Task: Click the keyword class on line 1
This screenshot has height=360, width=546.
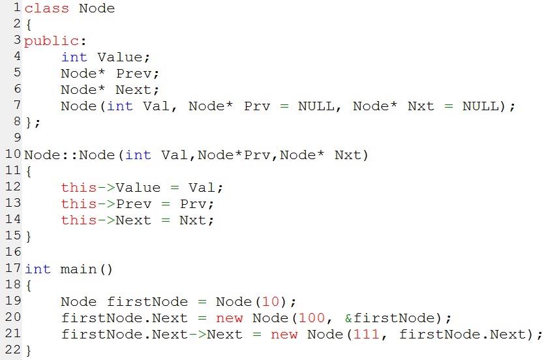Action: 47,8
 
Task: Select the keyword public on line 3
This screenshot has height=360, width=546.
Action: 51,41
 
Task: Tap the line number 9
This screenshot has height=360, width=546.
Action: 18,138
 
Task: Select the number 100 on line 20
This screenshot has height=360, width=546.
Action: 312,318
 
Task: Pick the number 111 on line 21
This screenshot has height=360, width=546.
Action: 367,334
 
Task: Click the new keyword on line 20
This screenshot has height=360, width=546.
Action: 229,318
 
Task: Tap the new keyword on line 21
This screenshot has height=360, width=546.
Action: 284,335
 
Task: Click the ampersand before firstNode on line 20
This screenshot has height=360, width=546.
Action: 348,318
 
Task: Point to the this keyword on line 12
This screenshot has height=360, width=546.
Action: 79,188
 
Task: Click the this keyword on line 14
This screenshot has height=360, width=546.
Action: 79,220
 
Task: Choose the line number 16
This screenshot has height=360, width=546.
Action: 13,252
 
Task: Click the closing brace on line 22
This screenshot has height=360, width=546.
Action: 29,350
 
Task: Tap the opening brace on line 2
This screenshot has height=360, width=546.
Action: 29,25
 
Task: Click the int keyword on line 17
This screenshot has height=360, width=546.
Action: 38,269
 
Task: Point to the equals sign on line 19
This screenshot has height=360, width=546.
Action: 202,301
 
